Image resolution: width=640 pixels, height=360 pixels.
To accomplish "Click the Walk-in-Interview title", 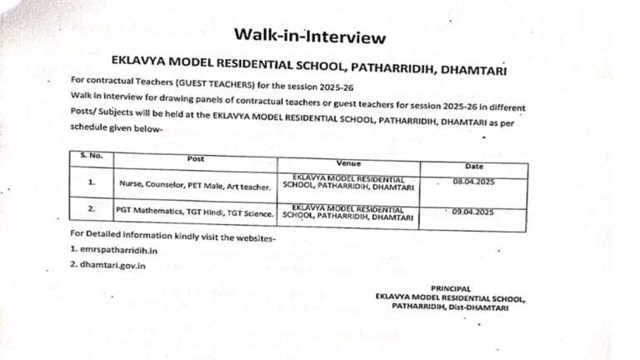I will [309, 36].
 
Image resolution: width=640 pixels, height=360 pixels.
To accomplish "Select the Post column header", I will [195, 158].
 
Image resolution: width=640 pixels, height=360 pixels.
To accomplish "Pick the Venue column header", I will [348, 163].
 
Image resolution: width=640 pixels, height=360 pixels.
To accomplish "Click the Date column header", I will [473, 166].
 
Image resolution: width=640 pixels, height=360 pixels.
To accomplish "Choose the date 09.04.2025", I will [473, 212].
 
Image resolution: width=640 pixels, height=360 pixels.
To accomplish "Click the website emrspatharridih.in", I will [119, 249].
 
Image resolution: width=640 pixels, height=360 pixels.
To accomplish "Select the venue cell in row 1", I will [347, 184].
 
